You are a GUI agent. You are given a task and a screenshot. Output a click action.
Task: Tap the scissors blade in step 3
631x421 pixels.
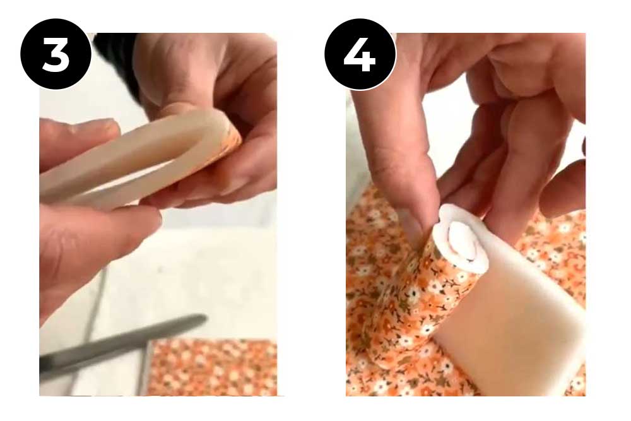click(x=126, y=341)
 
